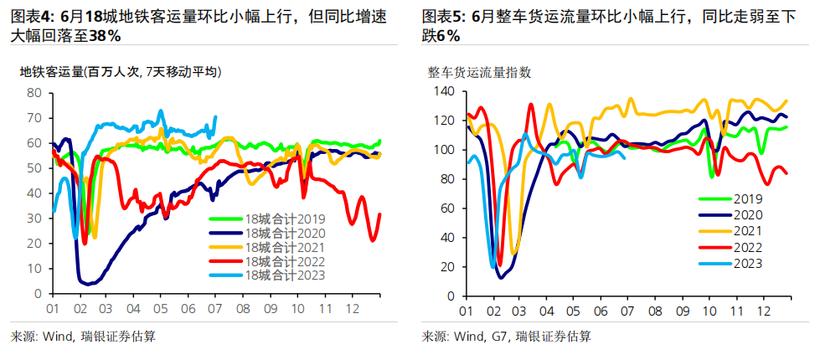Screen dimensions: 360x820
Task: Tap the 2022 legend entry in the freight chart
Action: click(745, 247)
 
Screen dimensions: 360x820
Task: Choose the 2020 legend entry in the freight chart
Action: click(745, 214)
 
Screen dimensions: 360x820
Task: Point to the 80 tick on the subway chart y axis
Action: click(34, 93)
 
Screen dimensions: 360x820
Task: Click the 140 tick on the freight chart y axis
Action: click(443, 90)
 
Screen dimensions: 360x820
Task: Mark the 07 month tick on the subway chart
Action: click(216, 309)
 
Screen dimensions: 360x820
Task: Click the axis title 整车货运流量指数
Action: click(479, 72)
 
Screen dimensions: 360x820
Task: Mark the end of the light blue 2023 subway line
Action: click(216, 116)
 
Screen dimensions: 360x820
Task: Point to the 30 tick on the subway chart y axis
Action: click(34, 219)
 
